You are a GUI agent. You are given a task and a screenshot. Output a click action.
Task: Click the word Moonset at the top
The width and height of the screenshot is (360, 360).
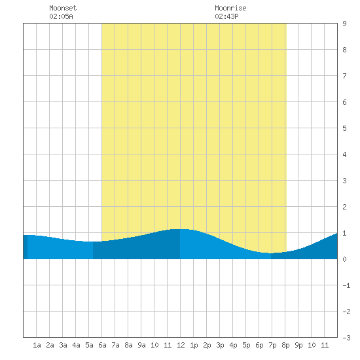[x=63, y=8]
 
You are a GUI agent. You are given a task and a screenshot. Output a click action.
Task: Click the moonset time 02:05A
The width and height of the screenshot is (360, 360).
[x=61, y=16]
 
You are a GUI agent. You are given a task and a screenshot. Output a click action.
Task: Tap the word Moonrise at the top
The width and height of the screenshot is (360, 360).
[x=230, y=8]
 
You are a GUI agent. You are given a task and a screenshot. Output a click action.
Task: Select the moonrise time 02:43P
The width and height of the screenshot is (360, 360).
[x=227, y=16]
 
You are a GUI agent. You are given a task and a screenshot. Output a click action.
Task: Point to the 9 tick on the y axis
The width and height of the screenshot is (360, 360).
[x=344, y=24]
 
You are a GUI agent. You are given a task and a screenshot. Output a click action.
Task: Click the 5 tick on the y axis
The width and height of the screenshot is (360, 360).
[x=344, y=128]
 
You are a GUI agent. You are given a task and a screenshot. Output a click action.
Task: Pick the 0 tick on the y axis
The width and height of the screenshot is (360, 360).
[x=344, y=259]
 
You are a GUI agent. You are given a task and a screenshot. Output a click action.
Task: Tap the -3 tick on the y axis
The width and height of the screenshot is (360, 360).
[x=346, y=338]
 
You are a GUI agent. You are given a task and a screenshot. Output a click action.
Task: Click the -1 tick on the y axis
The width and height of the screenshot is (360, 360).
[x=346, y=285]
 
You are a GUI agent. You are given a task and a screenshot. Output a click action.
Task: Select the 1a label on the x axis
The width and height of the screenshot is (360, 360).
[x=37, y=345]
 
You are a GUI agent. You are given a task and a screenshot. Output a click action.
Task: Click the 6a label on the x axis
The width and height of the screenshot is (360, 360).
[x=102, y=345]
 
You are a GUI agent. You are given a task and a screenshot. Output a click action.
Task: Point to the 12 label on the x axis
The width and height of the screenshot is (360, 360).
[x=181, y=345]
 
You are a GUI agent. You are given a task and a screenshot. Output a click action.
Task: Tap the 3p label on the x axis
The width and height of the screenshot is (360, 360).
[x=220, y=345]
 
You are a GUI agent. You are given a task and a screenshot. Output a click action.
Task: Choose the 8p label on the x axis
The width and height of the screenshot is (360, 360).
[x=285, y=345]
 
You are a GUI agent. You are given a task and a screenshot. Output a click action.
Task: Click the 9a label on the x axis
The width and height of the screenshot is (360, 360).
[x=141, y=345]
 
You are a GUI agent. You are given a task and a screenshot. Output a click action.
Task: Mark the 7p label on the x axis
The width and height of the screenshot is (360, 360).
[x=272, y=345]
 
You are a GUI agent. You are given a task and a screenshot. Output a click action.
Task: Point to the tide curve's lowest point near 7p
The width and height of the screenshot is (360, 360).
[x=271, y=253]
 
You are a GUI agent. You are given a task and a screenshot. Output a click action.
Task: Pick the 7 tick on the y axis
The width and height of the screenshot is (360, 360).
[x=344, y=76]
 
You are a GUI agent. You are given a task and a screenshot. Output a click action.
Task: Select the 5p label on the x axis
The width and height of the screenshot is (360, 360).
[x=246, y=345]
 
